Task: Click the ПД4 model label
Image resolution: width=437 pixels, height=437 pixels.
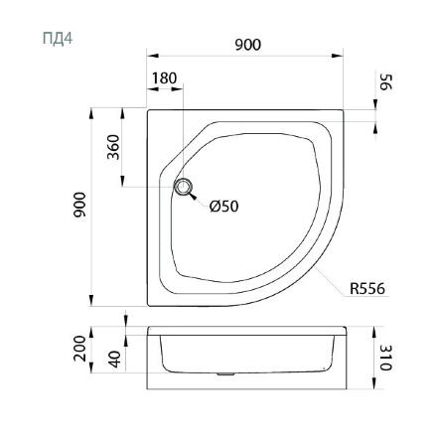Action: pos(58,39)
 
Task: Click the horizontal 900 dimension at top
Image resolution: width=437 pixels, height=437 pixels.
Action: pos(248,45)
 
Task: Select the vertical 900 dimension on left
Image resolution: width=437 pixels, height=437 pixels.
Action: pos(79,205)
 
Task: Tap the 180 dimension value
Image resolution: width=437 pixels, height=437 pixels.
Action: pos(164,78)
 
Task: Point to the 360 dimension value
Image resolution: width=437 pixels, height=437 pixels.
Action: pos(113,147)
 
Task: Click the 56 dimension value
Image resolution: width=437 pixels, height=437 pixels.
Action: pos(385,81)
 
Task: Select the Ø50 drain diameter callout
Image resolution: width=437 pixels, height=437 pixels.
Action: pos(223,207)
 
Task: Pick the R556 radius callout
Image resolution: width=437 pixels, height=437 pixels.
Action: pos(367,289)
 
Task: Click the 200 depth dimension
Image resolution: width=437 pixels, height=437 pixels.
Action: pos(79,349)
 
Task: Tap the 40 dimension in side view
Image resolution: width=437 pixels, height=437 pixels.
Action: pos(115,360)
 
